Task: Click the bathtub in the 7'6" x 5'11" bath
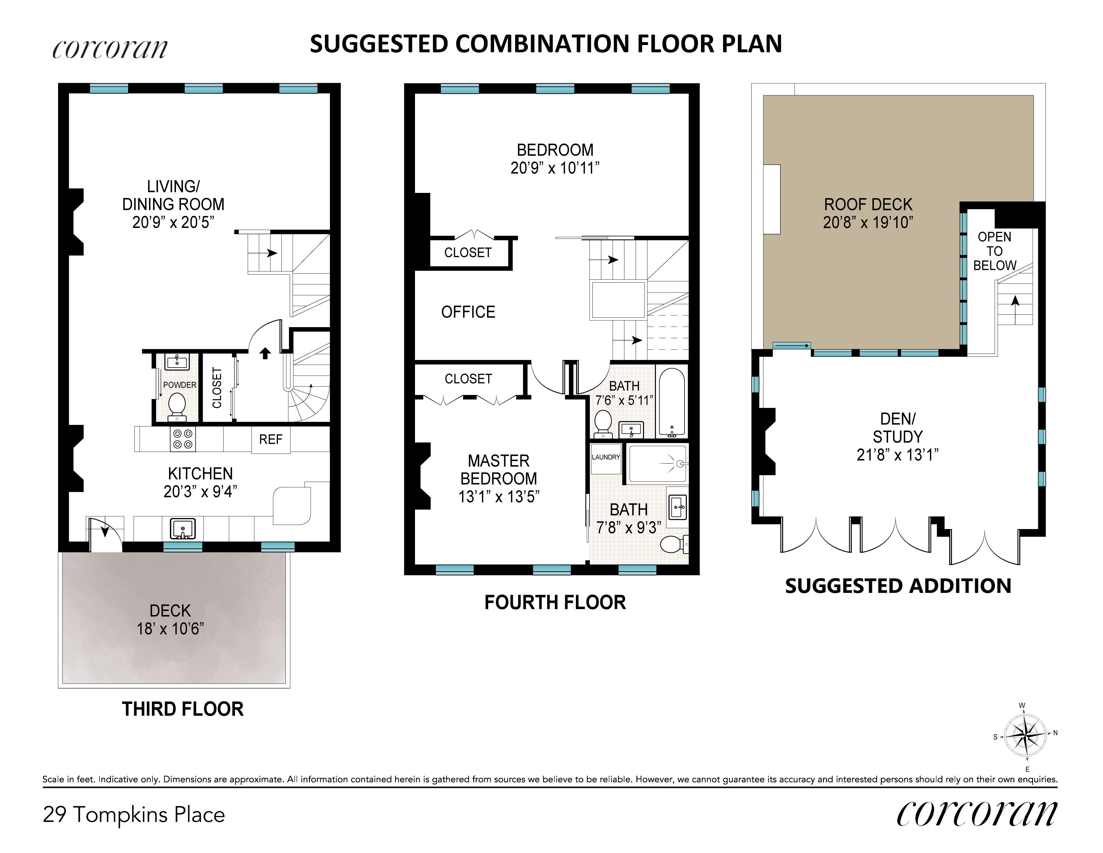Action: (x=671, y=402)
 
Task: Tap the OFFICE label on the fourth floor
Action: (x=468, y=312)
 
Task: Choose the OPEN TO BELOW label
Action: (x=994, y=251)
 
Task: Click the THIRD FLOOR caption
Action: (x=183, y=709)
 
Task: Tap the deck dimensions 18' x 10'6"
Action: (x=170, y=629)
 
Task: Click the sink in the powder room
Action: (x=177, y=361)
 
